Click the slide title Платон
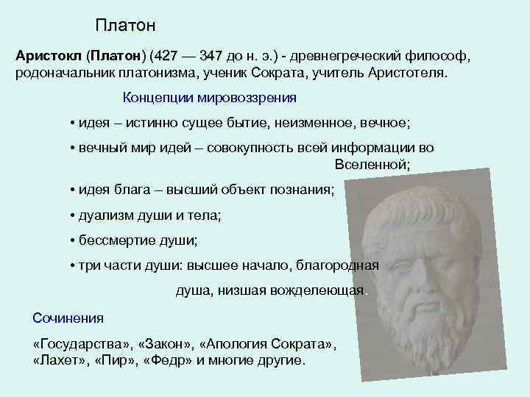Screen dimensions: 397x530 click(x=125, y=26)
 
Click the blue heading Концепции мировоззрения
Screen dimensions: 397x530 click(x=209, y=97)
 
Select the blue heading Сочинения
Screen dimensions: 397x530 click(x=68, y=318)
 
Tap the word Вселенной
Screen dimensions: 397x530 click(x=372, y=164)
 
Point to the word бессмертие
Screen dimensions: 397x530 click(x=114, y=240)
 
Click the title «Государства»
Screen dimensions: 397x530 click(x=77, y=344)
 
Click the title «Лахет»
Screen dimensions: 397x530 click(x=60, y=361)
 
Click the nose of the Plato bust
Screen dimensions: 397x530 click(x=423, y=268)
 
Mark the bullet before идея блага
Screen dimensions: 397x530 click(x=72, y=190)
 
